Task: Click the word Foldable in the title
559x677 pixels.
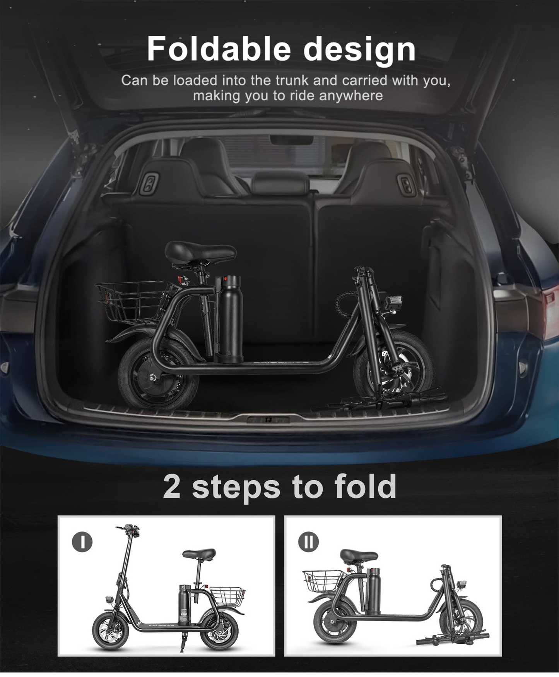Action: (x=218, y=49)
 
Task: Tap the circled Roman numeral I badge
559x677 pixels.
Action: (x=82, y=541)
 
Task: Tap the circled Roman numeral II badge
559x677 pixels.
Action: (x=308, y=541)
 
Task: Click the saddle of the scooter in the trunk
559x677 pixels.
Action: (x=200, y=252)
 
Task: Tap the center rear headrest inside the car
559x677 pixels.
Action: (x=280, y=184)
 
